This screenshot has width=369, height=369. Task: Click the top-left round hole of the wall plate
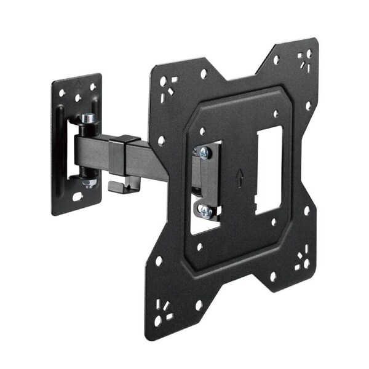point(62,93)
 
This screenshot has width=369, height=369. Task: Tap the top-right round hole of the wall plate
point(93,88)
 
